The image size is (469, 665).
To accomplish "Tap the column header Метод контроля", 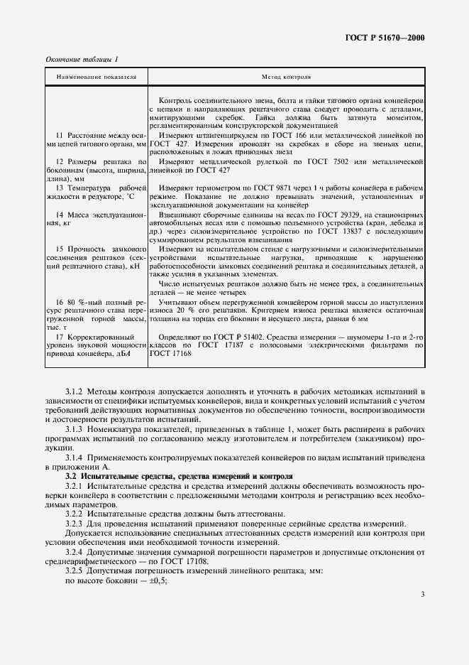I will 287,75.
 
